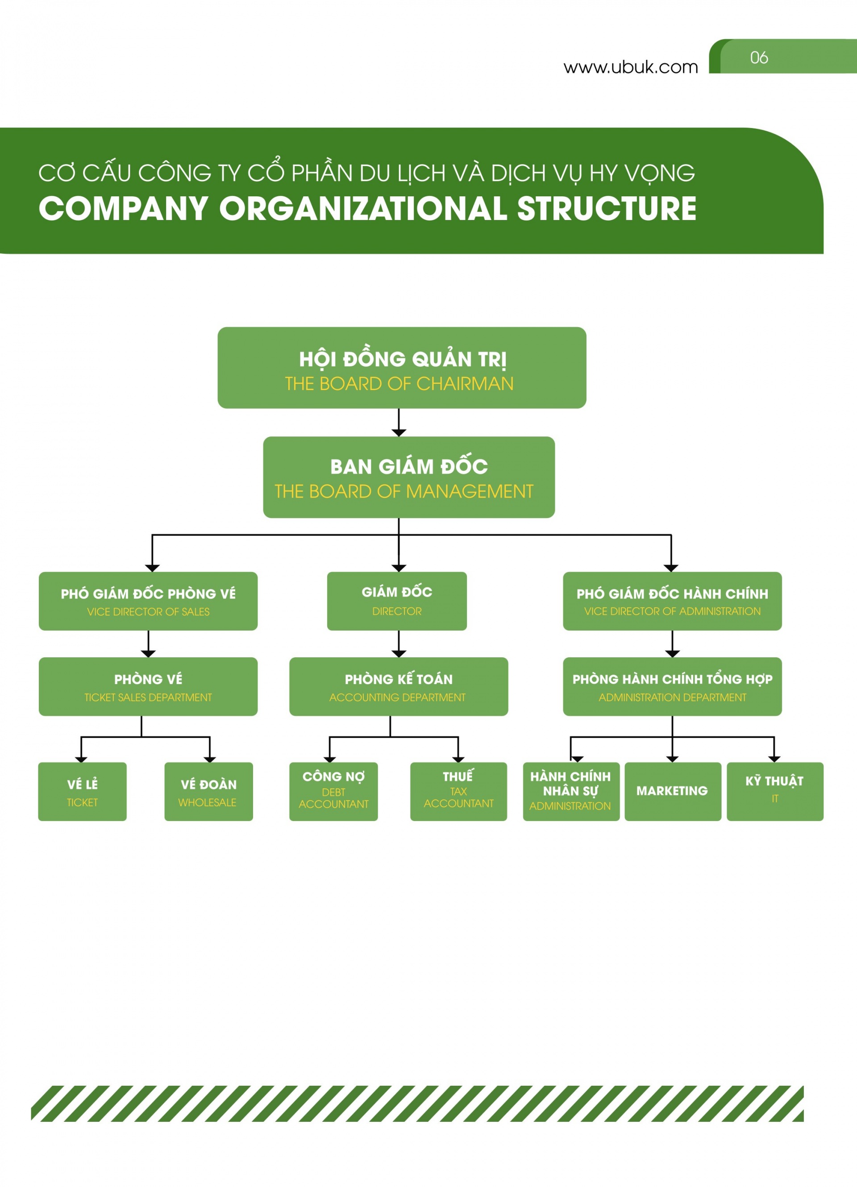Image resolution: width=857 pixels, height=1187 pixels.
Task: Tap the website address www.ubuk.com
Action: click(x=631, y=67)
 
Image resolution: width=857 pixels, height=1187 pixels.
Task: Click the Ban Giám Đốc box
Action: click(x=409, y=477)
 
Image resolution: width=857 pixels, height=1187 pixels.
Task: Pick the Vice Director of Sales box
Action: click(x=148, y=602)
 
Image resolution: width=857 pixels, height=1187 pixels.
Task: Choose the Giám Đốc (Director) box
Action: click(x=397, y=602)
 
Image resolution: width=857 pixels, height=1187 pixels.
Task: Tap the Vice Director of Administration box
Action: click(x=672, y=602)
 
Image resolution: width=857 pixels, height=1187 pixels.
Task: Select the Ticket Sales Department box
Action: click(x=148, y=687)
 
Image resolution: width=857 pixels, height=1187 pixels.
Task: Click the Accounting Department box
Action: click(x=399, y=687)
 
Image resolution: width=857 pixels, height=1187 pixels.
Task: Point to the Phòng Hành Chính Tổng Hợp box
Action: click(x=672, y=687)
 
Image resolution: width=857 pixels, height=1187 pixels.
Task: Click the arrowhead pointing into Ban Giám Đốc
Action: click(x=399, y=433)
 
